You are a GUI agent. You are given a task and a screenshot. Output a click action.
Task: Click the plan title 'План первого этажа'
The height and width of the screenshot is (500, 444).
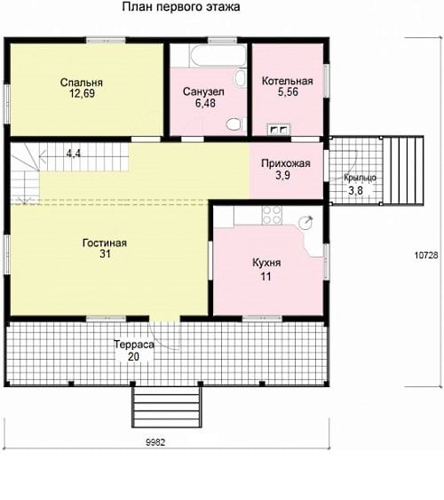tap(181, 7)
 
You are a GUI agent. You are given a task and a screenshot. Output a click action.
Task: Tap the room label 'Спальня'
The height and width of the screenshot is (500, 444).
tap(82, 83)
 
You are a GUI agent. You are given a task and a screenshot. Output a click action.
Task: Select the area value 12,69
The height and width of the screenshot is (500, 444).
tap(82, 94)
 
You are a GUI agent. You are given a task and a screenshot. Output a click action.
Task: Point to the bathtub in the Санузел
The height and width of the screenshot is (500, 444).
tap(218, 56)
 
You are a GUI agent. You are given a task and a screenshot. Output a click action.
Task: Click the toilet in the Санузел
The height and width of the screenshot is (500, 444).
tap(234, 123)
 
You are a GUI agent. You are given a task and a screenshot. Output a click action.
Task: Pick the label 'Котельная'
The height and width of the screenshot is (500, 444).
tap(287, 81)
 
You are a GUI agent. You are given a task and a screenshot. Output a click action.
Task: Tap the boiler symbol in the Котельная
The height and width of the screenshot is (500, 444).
tap(278, 129)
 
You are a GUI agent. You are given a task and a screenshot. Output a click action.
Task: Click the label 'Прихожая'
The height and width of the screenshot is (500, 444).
tap(286, 163)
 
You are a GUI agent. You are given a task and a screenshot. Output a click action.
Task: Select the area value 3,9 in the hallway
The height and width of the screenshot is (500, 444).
tap(282, 175)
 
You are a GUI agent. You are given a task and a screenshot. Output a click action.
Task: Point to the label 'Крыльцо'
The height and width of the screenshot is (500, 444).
tap(360, 178)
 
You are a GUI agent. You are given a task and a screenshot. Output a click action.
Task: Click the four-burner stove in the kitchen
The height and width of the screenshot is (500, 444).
tap(272, 215)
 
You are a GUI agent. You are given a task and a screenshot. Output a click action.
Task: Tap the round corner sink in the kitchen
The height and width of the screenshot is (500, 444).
tap(306, 222)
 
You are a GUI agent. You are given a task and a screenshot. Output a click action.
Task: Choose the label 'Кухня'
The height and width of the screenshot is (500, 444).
tap(266, 263)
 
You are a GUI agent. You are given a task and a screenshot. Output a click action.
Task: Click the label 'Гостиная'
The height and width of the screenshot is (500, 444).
tap(105, 243)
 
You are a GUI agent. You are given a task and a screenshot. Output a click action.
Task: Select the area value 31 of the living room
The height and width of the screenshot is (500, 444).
tap(105, 254)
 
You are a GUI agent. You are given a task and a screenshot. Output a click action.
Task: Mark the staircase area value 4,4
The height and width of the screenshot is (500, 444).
tap(74, 154)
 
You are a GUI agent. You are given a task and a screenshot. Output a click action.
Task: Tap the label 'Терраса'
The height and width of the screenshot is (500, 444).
tap(134, 345)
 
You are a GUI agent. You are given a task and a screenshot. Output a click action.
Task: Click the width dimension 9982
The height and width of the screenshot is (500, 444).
tap(155, 442)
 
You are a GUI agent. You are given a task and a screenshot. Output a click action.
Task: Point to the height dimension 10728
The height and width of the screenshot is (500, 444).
tap(426, 255)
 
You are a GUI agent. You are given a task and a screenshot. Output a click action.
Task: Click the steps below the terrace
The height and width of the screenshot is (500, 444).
tap(167, 408)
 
